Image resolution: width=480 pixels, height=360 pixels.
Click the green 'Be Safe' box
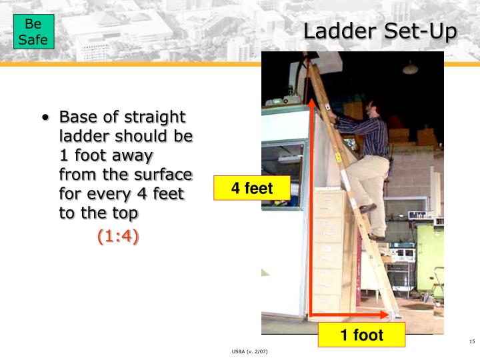[x=33, y=31]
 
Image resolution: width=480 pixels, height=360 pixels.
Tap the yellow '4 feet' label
[x=251, y=188]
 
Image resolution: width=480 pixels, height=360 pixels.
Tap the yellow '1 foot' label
[x=361, y=335]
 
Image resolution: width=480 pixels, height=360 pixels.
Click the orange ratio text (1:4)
[x=118, y=236]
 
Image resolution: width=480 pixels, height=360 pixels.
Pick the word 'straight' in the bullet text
[x=156, y=117]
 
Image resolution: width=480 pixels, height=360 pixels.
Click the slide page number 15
[x=471, y=342]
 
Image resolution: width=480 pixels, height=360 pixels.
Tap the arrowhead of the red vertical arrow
[x=311, y=102]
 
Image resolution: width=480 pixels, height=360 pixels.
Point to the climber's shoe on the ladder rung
[x=368, y=209]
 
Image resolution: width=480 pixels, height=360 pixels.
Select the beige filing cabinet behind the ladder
[x=333, y=253]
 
